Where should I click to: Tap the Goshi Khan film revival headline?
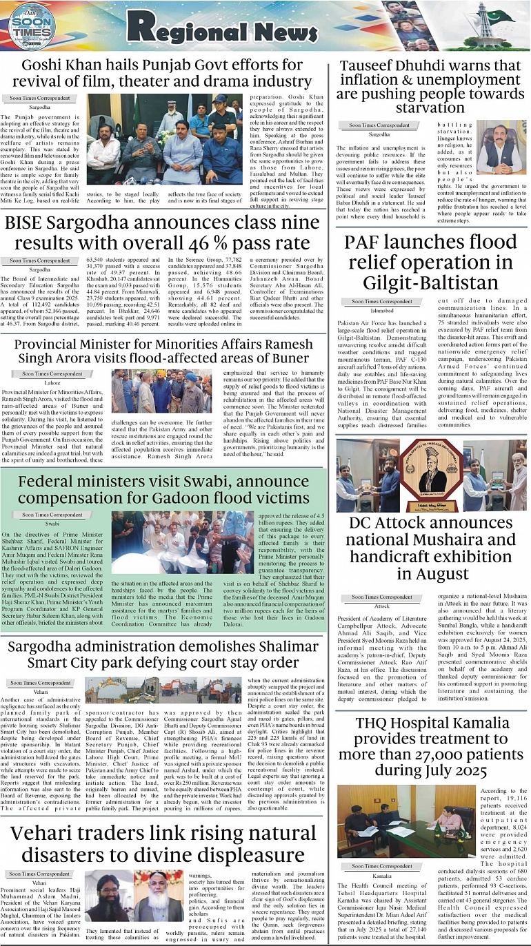(x=167, y=74)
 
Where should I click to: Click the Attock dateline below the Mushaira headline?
(x=381, y=606)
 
